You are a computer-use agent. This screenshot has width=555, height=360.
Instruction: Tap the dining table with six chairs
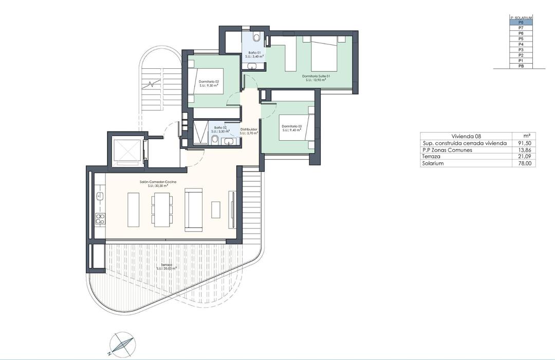pos(161,209)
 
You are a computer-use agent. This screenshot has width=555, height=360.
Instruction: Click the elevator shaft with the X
pos(126,149)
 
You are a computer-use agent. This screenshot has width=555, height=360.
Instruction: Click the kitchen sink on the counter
pos(100,196)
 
